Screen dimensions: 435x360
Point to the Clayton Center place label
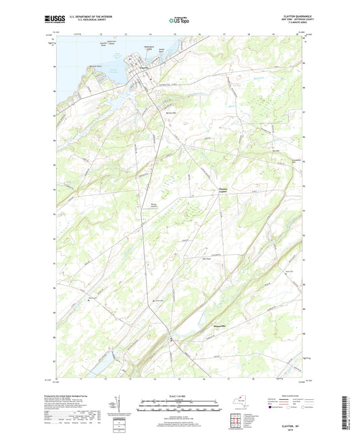coord(224,190)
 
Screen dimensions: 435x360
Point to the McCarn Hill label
coord(172,113)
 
